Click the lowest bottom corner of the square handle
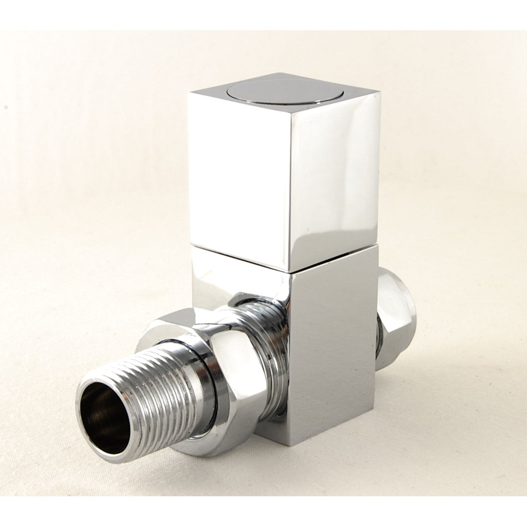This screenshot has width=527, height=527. coord(290,270)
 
